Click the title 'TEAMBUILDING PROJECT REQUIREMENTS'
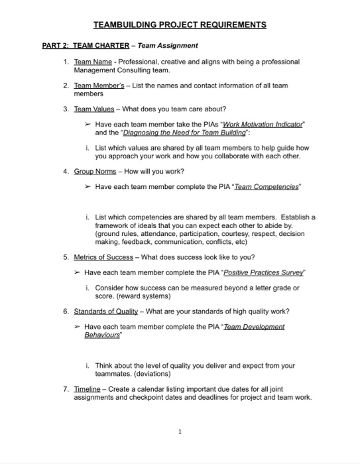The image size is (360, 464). tap(180, 25)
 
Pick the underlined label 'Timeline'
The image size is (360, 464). tap(87, 389)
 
